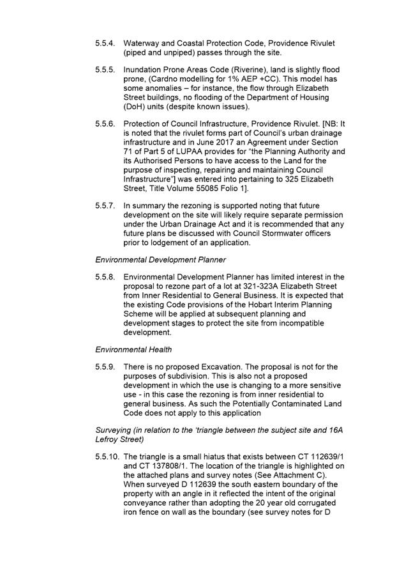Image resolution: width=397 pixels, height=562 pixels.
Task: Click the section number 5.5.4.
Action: point(106,43)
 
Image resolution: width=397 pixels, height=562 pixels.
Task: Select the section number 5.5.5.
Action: point(106,69)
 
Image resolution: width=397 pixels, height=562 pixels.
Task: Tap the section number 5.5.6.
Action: point(106,124)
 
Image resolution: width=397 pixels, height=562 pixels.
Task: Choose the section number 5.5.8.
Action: point(106,277)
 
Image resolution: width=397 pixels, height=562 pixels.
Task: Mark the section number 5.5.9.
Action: point(106,367)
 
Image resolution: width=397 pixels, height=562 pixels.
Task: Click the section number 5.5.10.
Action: point(108,457)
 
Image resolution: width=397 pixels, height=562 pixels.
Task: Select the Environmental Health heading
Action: point(133,350)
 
